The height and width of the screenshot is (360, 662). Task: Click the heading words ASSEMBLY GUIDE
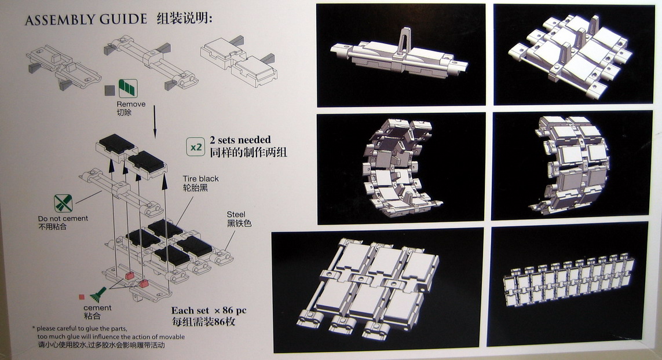(86, 20)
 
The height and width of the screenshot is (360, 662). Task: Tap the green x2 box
(196, 147)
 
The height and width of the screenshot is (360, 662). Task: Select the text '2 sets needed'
(240, 140)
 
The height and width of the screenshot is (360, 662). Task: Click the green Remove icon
(127, 89)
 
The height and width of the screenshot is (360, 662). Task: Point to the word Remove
(131, 104)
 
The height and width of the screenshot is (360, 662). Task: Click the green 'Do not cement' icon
(63, 203)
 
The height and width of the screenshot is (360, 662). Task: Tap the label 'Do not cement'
(63, 219)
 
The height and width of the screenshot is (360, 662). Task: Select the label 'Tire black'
(201, 179)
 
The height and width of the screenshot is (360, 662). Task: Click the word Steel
(236, 215)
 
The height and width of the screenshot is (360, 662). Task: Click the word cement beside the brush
(97, 308)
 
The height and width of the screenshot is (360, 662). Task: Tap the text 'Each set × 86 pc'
(209, 311)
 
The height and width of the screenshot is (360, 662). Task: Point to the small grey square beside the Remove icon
(109, 90)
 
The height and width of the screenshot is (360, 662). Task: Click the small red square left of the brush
(82, 297)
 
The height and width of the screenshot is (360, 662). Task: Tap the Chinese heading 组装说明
(184, 19)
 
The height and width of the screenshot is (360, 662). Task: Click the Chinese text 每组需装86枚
(203, 322)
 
